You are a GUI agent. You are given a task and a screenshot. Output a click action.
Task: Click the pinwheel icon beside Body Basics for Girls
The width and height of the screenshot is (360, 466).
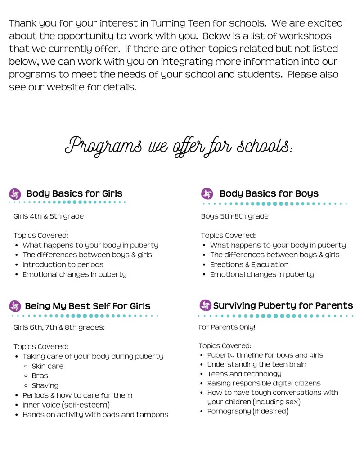tap(15, 194)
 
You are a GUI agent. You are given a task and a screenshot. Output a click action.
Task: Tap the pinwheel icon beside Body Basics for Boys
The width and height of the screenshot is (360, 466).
tap(207, 194)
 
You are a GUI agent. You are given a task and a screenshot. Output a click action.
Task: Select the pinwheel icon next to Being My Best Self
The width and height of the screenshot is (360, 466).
tap(15, 306)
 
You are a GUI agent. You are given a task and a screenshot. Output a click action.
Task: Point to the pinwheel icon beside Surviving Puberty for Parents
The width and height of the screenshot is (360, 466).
tap(205, 306)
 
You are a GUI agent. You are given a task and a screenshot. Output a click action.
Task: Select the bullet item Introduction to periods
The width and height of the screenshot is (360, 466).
tap(63, 264)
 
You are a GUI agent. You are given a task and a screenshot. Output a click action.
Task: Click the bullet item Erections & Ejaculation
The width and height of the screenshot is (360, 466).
tap(249, 264)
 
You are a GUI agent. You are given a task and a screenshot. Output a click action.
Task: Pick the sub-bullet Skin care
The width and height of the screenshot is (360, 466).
tap(47, 366)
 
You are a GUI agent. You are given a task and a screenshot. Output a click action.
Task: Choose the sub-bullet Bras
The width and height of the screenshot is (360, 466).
tap(40, 376)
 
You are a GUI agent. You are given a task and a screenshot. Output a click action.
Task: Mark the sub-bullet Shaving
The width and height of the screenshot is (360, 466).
tap(45, 385)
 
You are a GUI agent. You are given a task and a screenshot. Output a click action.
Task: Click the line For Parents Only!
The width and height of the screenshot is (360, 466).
tap(227, 327)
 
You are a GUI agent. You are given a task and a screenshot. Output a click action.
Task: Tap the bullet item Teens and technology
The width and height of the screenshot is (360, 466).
tap(244, 374)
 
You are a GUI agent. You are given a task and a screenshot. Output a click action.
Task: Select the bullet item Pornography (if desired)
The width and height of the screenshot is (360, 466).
tap(247, 411)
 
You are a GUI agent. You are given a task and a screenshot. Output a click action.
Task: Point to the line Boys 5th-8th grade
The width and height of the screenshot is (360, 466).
tap(234, 216)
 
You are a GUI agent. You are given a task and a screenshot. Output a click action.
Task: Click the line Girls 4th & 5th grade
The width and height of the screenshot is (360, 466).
tap(49, 216)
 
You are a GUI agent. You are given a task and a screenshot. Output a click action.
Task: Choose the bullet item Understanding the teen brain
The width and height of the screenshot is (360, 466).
tap(256, 364)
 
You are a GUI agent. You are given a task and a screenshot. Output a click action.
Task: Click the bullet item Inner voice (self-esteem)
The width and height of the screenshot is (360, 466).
tap(66, 405)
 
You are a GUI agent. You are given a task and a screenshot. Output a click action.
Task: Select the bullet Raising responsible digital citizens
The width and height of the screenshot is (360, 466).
tap(264, 383)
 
